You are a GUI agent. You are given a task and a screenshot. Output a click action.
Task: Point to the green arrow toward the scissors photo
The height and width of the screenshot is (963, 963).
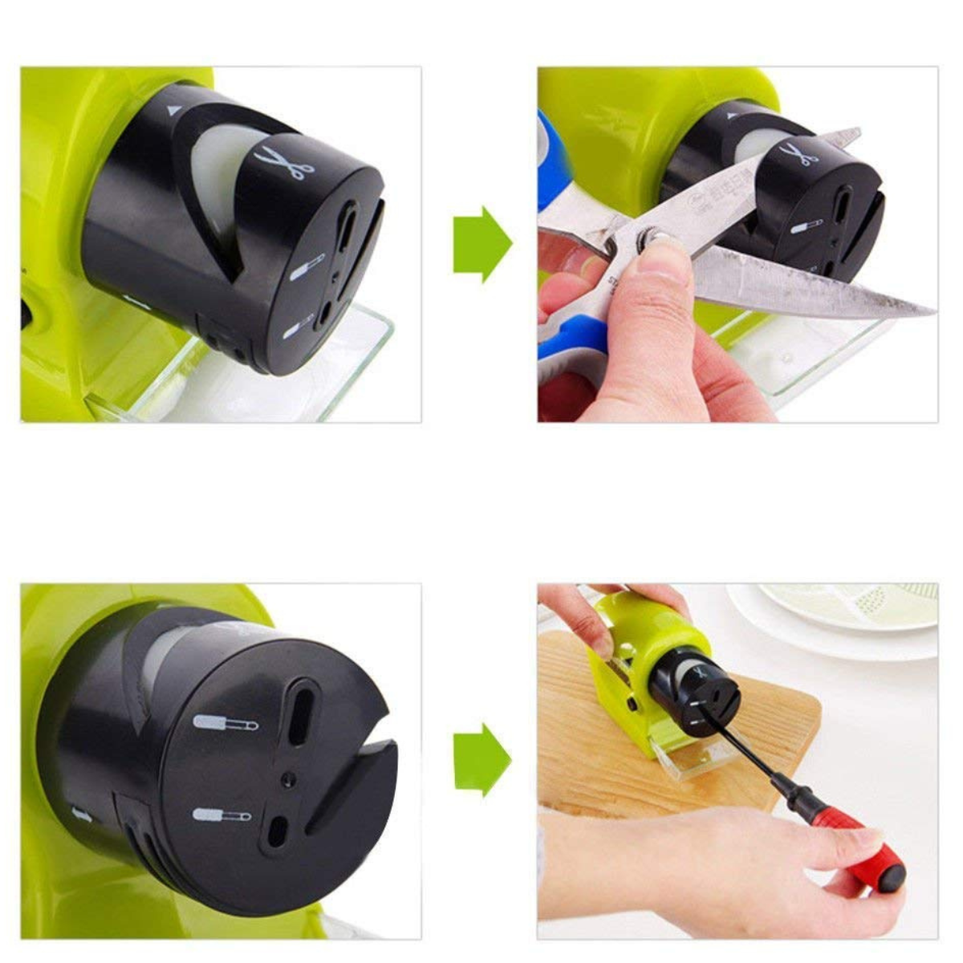pos(481,244)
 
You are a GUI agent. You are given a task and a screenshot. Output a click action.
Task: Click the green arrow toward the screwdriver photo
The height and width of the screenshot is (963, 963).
pos(481,758)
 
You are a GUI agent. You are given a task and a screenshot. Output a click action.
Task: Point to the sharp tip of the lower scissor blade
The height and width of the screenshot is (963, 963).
pos(931,311)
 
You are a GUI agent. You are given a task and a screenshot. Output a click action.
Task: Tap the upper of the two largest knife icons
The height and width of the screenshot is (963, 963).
pos(226,723)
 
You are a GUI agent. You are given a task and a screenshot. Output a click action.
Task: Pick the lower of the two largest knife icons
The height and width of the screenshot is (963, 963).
pos(221,816)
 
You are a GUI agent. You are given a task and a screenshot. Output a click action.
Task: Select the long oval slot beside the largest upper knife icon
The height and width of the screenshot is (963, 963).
pos(303,711)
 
